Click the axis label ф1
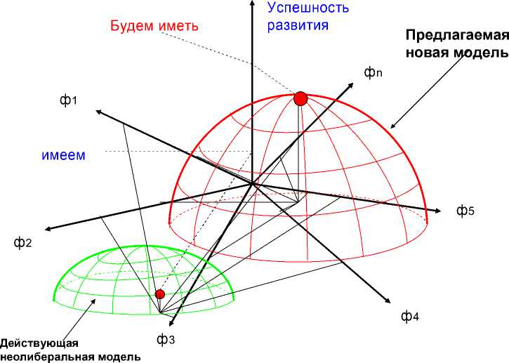click(x=67, y=101)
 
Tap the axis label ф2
click(x=23, y=243)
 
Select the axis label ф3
click(x=166, y=340)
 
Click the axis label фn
click(x=373, y=73)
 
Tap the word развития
click(x=299, y=27)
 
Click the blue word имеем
click(x=62, y=155)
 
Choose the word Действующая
click(x=39, y=343)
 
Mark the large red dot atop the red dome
click(x=300, y=98)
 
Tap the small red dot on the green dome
click(x=160, y=293)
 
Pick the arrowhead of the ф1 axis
click(x=96, y=112)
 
